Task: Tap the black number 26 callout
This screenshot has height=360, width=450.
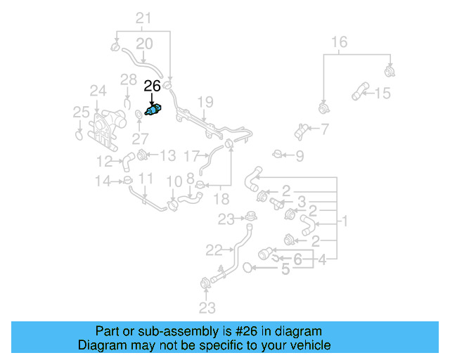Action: click(152, 86)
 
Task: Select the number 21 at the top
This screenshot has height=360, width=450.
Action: click(143, 18)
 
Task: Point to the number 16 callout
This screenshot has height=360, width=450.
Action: click(339, 42)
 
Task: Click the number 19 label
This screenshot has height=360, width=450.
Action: click(205, 103)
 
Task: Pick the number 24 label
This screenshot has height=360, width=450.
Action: click(98, 91)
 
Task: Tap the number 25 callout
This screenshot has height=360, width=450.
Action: click(82, 111)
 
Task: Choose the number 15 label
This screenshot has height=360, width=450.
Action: click(382, 93)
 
